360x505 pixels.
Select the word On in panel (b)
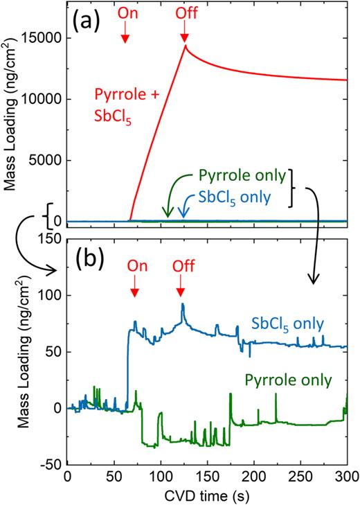[x=134, y=265]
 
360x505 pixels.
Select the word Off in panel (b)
[x=180, y=265]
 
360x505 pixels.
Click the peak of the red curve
[x=185, y=46]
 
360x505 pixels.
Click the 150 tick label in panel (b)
[x=48, y=239]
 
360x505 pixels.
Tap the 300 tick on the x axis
[x=346, y=477]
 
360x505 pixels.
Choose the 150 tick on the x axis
[x=206, y=477]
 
